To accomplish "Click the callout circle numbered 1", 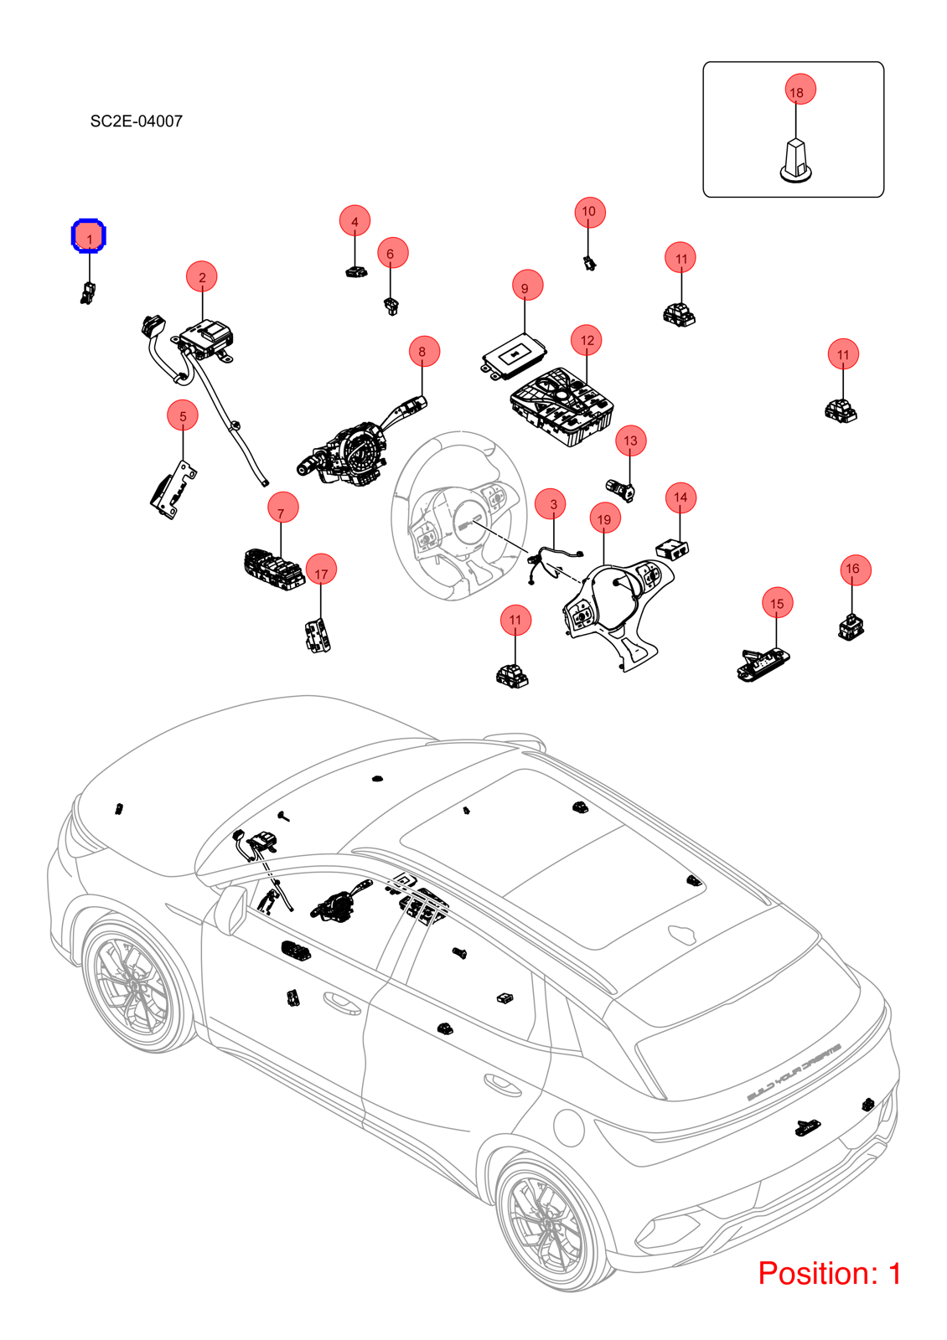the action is (x=89, y=236).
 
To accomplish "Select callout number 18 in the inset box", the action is (x=800, y=89).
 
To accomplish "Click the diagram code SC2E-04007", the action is (x=137, y=121).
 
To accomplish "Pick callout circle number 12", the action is (x=586, y=340).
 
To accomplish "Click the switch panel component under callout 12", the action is (x=562, y=406).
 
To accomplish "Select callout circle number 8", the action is (x=424, y=351).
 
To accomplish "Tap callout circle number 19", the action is (x=604, y=518).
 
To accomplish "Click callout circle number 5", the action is (x=183, y=415).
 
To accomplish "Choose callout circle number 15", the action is (x=777, y=603).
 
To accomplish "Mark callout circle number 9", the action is (x=527, y=286).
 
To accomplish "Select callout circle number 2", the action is (x=202, y=277).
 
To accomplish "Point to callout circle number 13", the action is (x=630, y=441).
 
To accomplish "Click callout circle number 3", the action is (x=552, y=503).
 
